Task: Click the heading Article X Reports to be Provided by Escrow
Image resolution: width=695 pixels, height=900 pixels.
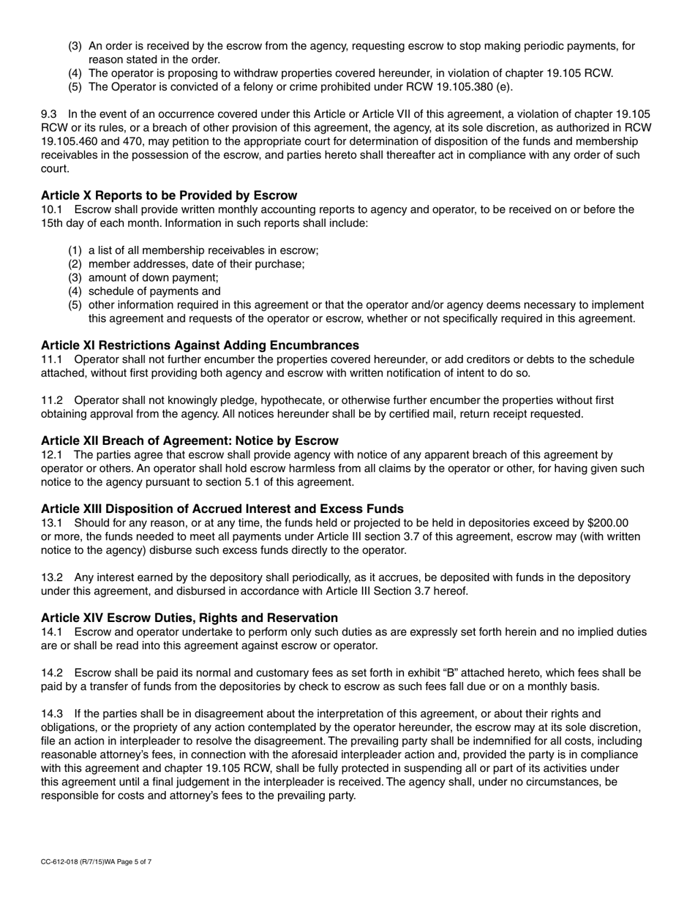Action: pyautogui.click(x=169, y=195)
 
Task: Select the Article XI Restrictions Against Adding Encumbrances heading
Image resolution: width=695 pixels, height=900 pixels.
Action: pyautogui.click(x=200, y=345)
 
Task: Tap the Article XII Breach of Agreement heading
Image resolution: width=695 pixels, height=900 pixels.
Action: pyautogui.click(x=189, y=440)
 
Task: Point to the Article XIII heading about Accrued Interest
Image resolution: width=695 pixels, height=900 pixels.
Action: pyautogui.click(x=222, y=509)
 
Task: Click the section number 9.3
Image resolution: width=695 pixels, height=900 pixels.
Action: pyautogui.click(x=50, y=114)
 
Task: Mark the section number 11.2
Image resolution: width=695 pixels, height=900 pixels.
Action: pyautogui.click(x=53, y=400)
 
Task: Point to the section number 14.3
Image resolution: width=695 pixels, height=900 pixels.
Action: pyautogui.click(x=53, y=713)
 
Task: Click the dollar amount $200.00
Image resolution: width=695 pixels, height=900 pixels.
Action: pyautogui.click(x=608, y=523)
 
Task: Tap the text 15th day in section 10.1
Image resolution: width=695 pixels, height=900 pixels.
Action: pyautogui.click(x=65, y=223)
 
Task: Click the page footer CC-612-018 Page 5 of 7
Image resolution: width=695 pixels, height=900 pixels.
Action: pyautogui.click(x=97, y=862)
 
